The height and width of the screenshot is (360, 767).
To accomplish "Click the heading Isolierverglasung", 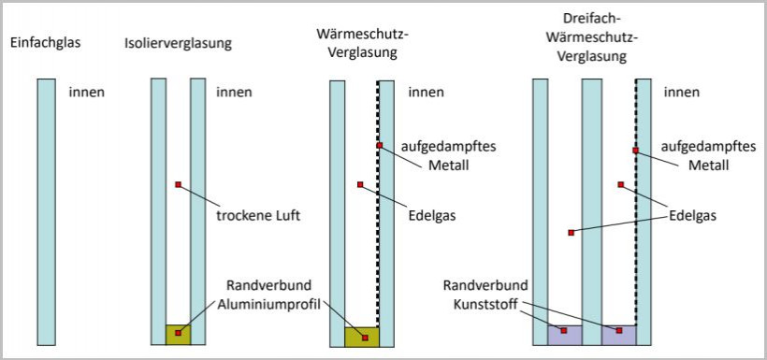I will [178, 43].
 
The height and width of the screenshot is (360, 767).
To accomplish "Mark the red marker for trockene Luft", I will [177, 184].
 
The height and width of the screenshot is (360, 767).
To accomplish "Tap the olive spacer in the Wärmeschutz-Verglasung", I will [361, 336].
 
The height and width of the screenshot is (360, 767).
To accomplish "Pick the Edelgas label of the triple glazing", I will [693, 215].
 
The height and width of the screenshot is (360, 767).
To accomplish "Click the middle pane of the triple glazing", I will [591, 206].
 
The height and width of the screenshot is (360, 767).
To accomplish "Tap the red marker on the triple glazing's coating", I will [635, 150].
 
